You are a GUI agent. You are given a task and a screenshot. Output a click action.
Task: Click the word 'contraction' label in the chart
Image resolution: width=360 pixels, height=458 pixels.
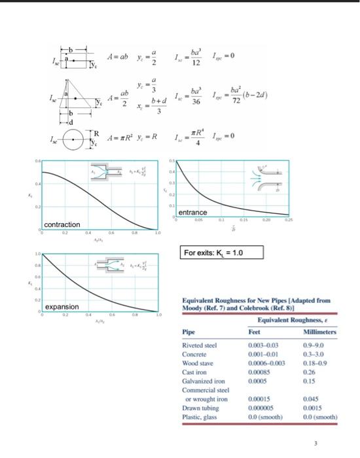pos(62,224)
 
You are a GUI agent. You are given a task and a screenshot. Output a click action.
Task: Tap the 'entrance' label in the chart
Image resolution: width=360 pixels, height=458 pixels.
pos(192,213)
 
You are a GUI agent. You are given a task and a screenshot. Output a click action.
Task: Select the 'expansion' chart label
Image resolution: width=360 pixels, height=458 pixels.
pos(62,306)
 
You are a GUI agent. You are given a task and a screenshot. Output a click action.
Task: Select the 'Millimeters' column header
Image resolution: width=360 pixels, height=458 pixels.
pos(317,332)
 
